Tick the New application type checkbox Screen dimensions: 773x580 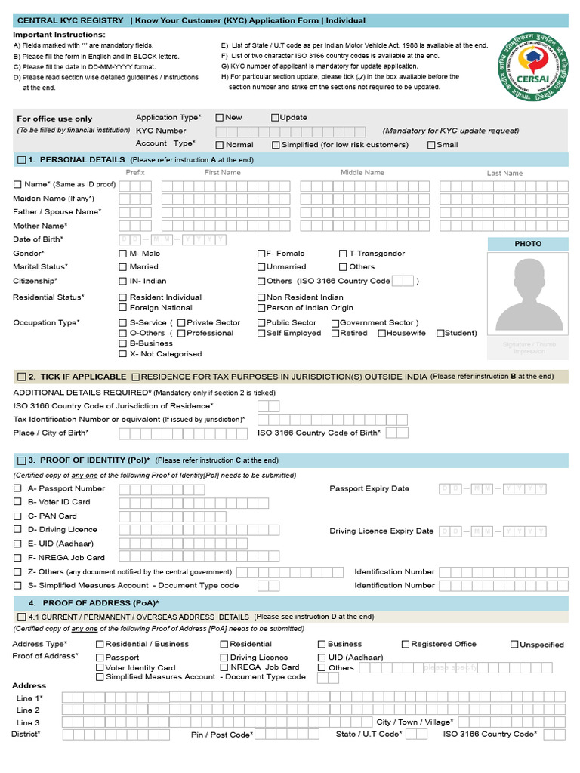(x=220, y=117)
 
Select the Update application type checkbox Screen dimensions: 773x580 (x=275, y=117)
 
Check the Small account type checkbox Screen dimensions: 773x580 (x=431, y=145)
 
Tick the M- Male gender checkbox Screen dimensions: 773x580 (x=123, y=254)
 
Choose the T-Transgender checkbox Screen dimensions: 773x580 (x=343, y=254)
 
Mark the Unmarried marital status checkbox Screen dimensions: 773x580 (x=261, y=267)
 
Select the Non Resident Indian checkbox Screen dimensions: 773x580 (x=261, y=297)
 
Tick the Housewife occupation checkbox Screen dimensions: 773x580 (x=381, y=333)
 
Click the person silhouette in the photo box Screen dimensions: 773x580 (x=528, y=294)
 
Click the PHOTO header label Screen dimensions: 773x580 (x=528, y=244)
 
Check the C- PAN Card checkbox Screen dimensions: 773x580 (x=17, y=516)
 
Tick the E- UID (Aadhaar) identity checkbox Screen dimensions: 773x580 (x=17, y=543)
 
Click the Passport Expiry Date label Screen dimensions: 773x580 (x=369, y=488)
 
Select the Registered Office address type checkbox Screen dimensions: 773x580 (x=405, y=644)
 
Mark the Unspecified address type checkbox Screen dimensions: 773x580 (x=514, y=644)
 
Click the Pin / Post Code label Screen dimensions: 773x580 (x=221, y=734)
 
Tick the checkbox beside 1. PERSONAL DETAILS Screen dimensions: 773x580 (x=20, y=160)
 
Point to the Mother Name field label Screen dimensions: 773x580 (x=40, y=226)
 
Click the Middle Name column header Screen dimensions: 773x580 (x=362, y=173)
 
